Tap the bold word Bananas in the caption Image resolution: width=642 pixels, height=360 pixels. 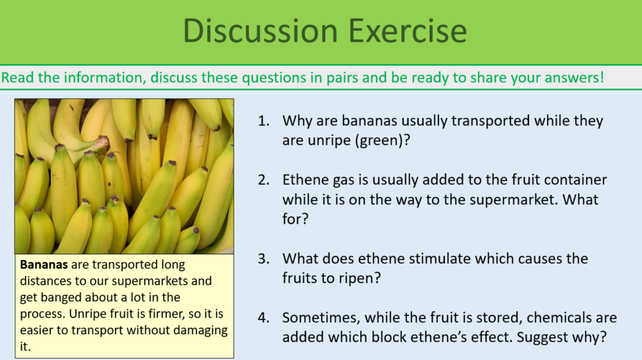tap(42, 264)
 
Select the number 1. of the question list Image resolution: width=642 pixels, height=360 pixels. tap(264, 121)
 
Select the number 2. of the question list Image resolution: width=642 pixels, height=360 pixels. tap(264, 180)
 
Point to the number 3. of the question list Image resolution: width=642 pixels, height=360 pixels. tap(264, 259)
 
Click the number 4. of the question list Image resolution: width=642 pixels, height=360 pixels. tap(264, 318)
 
